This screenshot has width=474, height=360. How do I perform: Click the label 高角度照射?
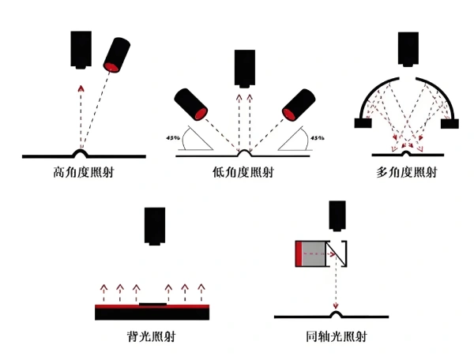tap(81, 171)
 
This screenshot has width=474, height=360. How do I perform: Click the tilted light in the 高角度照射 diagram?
tap(118, 54)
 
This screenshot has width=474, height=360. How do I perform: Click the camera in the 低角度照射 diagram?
tap(245, 68)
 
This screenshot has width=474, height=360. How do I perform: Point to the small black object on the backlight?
tap(151, 302)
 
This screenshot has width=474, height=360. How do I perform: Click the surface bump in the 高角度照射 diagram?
tap(81, 152)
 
